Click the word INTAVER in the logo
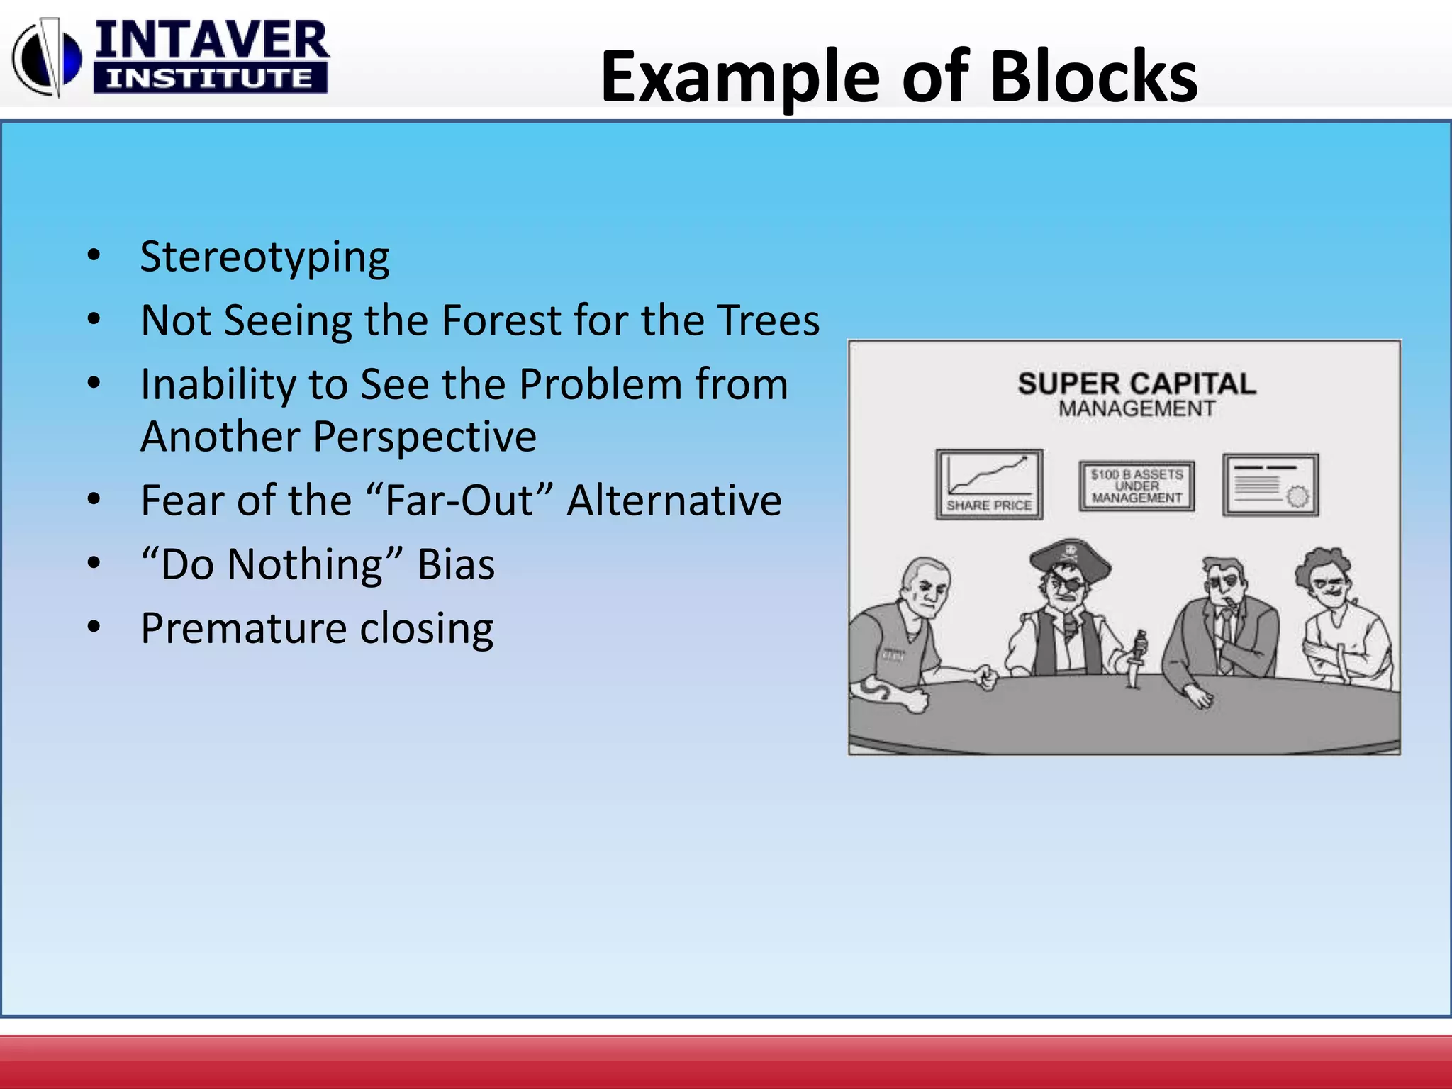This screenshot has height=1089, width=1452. coord(211,41)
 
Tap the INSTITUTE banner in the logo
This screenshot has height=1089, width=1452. coord(210,78)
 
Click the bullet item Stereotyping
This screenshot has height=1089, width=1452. coord(264,257)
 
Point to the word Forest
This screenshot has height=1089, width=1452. coord(501,320)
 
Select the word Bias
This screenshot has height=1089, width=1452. coord(456,565)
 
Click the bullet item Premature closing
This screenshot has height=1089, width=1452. coord(317,628)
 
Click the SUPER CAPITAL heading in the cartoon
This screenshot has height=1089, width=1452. coord(1137,384)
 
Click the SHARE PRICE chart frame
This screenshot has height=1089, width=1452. coord(989,484)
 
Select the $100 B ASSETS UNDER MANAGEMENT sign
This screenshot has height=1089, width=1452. coord(1137,486)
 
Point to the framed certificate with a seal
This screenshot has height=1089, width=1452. coord(1270,485)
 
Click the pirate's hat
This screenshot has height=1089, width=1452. coord(1069,557)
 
